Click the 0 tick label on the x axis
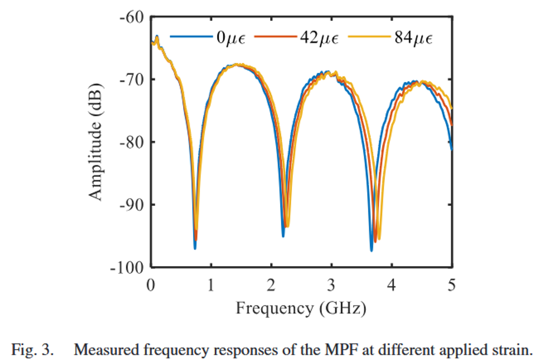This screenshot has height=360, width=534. coord(150,285)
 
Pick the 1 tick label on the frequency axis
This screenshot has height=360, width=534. coord(211,285)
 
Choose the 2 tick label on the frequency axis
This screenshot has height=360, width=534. coord(271,285)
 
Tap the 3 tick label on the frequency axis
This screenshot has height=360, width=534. coord(331,285)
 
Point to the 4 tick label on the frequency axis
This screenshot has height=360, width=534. coord(391,285)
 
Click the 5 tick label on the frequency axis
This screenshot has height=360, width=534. coord(451,285)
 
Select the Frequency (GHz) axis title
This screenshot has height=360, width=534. coord(301,309)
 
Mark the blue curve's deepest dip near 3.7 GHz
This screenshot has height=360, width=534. coord(371,250)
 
